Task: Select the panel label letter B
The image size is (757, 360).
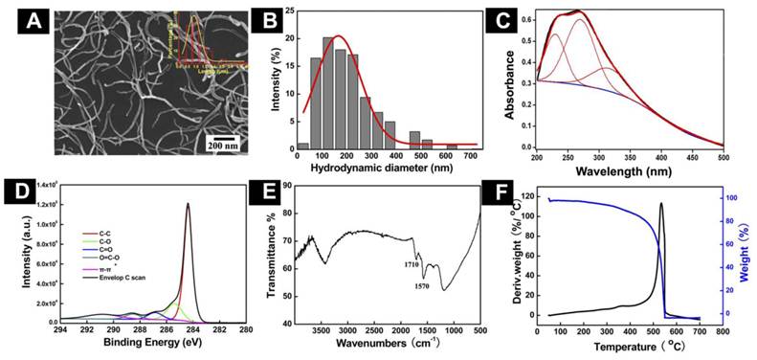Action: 274,18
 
